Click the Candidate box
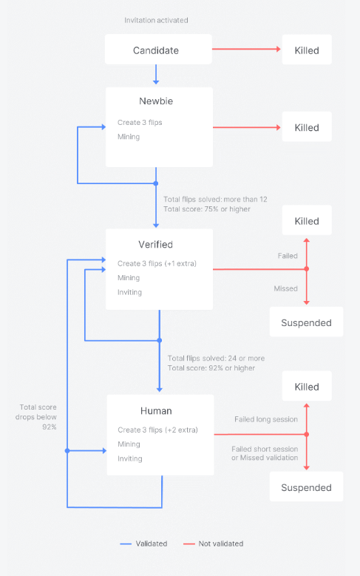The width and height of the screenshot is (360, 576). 158,50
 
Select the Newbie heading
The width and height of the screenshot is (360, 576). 156,101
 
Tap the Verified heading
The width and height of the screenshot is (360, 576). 155,244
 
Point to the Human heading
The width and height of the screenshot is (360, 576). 156,410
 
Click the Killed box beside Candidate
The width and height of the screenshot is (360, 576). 307,50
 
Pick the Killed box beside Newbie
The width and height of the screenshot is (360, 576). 307,126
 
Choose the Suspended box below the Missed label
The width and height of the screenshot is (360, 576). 306,322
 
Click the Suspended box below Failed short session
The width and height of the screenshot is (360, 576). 306,487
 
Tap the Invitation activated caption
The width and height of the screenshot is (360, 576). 156,20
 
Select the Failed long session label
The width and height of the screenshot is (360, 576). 266,419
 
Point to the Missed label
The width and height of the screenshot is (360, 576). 285,288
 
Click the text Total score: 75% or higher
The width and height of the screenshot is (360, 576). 207,209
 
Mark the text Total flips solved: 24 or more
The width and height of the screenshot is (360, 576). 216,358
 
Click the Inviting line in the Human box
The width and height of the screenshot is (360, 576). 129,458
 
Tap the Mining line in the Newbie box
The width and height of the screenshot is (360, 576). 129,137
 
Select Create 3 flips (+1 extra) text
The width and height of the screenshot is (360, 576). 157,263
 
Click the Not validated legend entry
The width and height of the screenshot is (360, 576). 214,543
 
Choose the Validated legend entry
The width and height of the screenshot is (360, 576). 143,543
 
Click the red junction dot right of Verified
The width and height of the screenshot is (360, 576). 306,269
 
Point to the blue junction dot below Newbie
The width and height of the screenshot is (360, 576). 156,183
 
